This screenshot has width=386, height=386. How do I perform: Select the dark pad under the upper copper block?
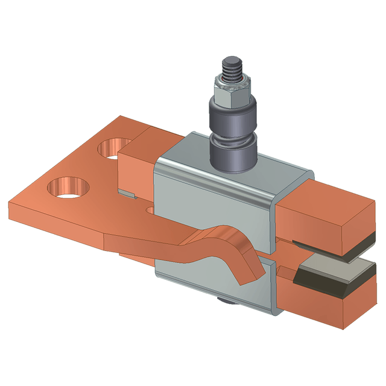pyautogui.click(x=356, y=244)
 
